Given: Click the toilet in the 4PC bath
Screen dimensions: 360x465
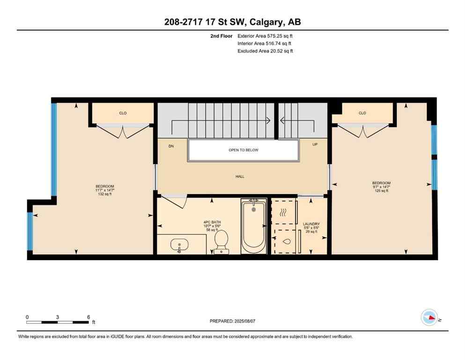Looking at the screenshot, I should tap(221, 242).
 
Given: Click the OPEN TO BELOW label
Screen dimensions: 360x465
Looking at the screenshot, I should tap(243, 150).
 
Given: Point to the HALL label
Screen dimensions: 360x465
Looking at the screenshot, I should tap(240, 177).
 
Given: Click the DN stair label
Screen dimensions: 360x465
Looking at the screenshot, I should tap(171, 146).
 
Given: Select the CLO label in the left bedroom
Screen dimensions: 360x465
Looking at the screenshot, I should tap(123, 113).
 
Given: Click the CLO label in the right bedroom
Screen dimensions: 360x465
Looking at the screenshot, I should tap(362, 113).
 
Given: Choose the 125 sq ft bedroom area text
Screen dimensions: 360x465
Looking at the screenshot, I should tap(381, 191).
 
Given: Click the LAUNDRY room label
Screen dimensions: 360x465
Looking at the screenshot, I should tap(311, 224).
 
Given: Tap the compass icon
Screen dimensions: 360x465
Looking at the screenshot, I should tap(429, 317).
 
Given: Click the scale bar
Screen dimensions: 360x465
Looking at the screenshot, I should tap(58, 322).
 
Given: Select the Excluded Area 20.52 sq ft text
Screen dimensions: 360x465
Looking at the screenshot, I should tap(266, 51).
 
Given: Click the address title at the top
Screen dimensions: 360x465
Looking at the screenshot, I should tap(232, 22).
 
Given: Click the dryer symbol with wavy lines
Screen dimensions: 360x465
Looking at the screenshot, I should tap(283, 212).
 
